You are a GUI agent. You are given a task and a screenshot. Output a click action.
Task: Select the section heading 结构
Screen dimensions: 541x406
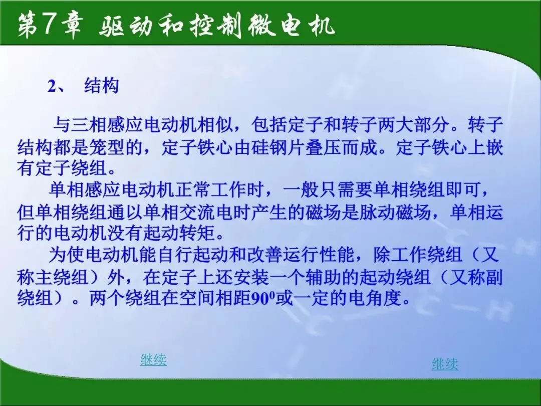coord(101,86)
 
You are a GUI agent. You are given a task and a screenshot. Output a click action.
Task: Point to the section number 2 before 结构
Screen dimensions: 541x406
coord(52,86)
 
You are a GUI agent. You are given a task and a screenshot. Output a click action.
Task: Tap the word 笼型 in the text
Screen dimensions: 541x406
coord(107,147)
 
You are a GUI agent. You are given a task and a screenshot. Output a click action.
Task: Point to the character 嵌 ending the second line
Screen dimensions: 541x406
coord(494,147)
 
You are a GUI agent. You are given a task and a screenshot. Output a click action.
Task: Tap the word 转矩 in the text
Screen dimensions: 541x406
coord(198,234)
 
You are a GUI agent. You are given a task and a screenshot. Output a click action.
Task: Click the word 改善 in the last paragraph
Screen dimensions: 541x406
coord(263,255)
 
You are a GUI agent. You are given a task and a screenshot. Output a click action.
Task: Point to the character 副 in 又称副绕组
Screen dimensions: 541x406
coord(494,277)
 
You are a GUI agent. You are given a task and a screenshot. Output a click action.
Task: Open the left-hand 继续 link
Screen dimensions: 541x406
coord(153,360)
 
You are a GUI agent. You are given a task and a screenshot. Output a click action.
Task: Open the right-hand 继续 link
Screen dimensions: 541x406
coord(445,364)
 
